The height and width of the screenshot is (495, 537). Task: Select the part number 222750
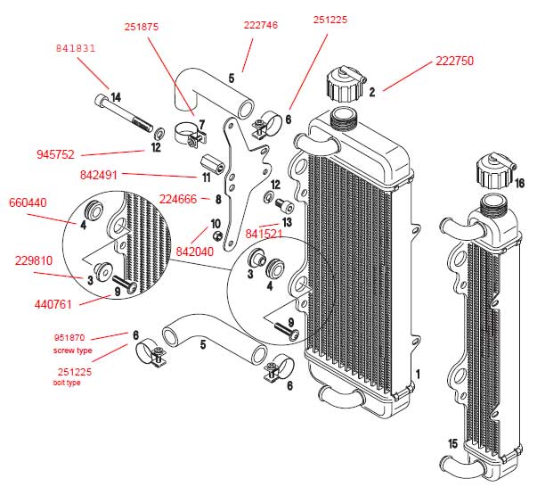[454, 61]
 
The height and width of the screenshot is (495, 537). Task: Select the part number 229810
[33, 260]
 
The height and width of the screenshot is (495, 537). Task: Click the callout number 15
[452, 442]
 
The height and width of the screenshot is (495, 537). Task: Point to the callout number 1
[417, 372]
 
